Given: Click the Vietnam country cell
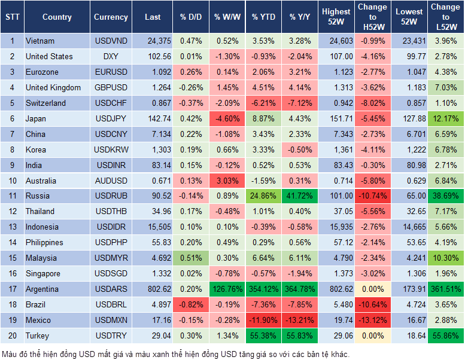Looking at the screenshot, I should [x=40, y=41].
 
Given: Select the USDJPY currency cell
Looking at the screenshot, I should [x=111, y=119].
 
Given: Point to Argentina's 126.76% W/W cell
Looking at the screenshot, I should [x=226, y=289].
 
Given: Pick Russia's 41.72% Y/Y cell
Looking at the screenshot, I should [x=299, y=196].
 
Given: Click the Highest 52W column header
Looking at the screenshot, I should [x=336, y=17].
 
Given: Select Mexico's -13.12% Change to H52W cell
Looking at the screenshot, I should [x=372, y=321].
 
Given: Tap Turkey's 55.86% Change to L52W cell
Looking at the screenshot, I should [x=445, y=336].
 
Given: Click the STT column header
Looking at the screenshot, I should [x=12, y=17].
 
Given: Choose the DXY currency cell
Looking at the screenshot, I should [x=111, y=57].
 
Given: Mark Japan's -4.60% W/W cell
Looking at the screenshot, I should [x=226, y=119].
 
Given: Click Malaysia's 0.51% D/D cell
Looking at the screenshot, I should [x=190, y=258].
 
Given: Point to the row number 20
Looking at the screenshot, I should [x=12, y=336].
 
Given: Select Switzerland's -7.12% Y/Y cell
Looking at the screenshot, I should [x=299, y=103].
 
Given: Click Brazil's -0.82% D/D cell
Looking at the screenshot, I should [x=190, y=305].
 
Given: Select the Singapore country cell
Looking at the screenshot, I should [x=43, y=274].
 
